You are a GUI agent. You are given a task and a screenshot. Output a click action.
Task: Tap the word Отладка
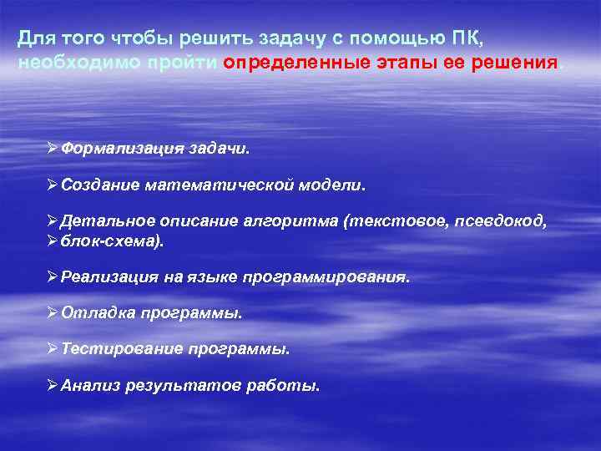coord(92,313)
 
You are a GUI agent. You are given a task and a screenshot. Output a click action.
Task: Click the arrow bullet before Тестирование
coord(53,349)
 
